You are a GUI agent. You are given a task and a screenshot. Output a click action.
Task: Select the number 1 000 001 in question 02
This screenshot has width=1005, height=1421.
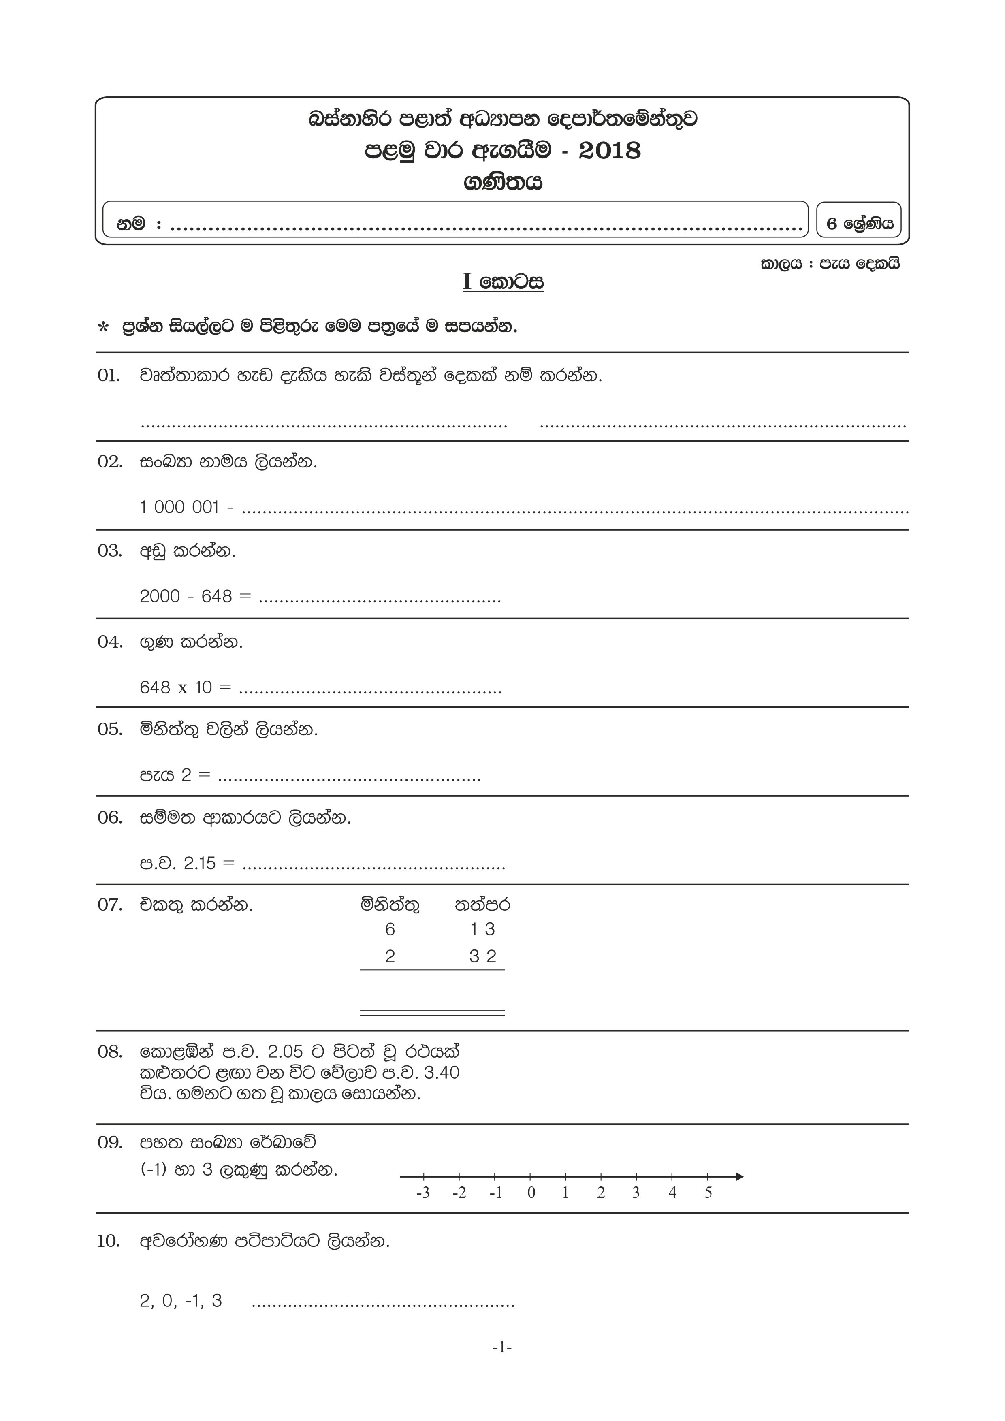pos(179,508)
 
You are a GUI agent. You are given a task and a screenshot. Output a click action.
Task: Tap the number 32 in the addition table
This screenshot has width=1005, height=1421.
pos(483,956)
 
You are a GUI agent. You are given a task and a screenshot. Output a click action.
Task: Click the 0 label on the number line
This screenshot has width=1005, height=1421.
pos(531,1193)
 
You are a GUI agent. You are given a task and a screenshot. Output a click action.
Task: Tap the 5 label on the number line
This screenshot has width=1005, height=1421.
pos(708,1193)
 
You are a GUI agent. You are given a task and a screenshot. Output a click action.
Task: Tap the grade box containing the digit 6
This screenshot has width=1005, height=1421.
pos(859,224)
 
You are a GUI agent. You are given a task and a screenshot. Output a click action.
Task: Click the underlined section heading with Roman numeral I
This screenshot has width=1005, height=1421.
pos(502,282)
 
